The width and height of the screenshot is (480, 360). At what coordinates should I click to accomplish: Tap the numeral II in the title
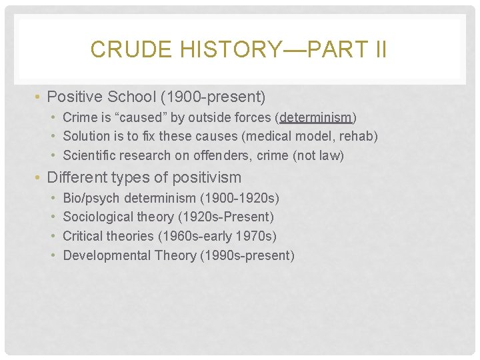pos(377,49)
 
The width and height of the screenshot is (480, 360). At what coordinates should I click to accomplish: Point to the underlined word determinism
pos(316,118)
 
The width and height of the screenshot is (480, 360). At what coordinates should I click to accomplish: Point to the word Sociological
pos(99,217)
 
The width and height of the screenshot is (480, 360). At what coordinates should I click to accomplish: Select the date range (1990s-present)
pos(247,255)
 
